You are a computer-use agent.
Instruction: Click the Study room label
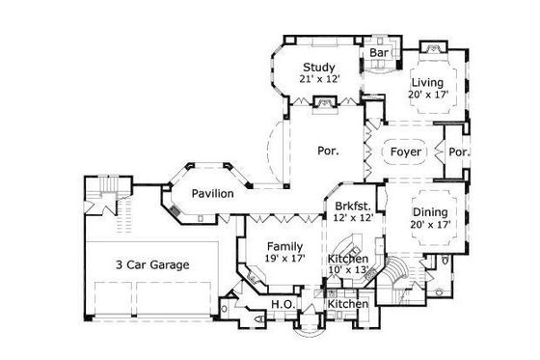pyautogui.click(x=318, y=67)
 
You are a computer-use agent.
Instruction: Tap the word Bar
pyautogui.click(x=378, y=52)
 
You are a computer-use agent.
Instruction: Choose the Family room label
pyautogui.click(x=284, y=245)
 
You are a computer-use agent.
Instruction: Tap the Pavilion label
pyautogui.click(x=211, y=194)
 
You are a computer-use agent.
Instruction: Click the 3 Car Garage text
pyautogui.click(x=152, y=263)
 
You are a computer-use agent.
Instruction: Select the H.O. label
pyautogui.click(x=282, y=305)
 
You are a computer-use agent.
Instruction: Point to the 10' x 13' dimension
pyautogui.click(x=347, y=270)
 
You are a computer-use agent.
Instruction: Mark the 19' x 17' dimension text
pyautogui.click(x=284, y=258)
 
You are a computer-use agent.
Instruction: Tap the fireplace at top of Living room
pyautogui.click(x=431, y=47)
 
